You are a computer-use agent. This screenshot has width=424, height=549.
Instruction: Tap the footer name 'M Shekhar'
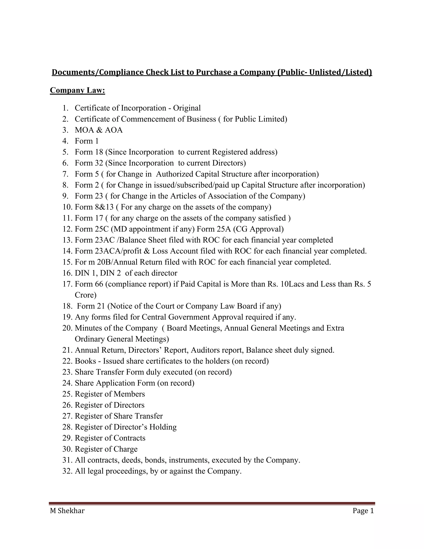tap(67, 511)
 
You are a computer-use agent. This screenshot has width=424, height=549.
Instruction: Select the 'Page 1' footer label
tap(363, 511)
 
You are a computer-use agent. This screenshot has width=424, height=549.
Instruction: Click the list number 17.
tap(67, 284)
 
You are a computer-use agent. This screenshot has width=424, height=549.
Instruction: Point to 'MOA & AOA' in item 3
tap(99, 130)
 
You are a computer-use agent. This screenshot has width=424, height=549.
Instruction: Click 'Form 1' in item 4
tap(87, 141)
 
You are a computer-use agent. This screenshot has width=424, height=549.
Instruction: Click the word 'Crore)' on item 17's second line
tap(86, 295)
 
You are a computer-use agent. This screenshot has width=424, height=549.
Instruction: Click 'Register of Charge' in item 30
tap(106, 449)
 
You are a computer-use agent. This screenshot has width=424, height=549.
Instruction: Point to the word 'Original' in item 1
tap(187, 108)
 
